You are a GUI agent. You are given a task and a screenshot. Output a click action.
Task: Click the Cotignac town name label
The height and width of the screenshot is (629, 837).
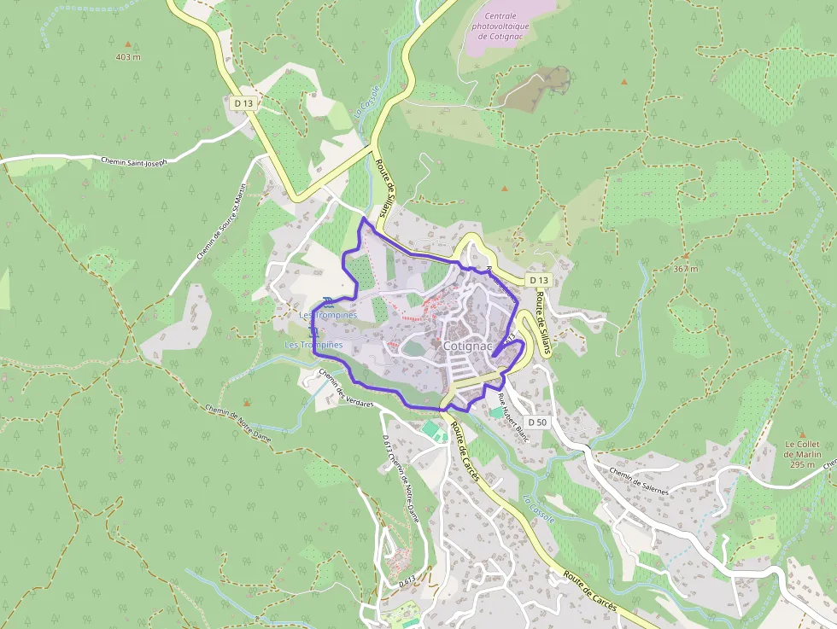pyautogui.click(x=468, y=347)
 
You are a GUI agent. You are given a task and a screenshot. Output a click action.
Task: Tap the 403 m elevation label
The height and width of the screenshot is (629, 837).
pyautogui.click(x=128, y=57)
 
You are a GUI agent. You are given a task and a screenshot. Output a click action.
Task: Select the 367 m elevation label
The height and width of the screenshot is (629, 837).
pyautogui.click(x=685, y=269)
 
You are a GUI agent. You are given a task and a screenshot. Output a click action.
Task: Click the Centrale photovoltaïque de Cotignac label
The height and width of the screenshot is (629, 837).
pyautogui.click(x=506, y=26)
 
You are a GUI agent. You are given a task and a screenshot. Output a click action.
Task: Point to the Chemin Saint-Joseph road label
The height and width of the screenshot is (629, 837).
pyautogui.click(x=134, y=160)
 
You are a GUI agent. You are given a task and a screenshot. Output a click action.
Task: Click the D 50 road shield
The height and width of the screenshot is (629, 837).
pyautogui.click(x=536, y=422)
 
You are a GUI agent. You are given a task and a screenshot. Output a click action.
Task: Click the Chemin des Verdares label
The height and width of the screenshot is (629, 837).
pyautogui.click(x=345, y=388)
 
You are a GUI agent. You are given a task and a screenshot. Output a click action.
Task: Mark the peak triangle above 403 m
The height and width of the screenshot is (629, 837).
pyautogui.click(x=129, y=44)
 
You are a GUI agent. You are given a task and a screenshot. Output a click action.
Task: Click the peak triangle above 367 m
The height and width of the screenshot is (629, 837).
pyautogui.click(x=685, y=255)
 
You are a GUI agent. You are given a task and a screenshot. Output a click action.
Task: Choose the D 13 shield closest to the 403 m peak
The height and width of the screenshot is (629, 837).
pyautogui.click(x=243, y=103)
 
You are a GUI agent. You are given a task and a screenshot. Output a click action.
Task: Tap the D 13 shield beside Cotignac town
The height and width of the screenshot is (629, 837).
pyautogui.click(x=537, y=280)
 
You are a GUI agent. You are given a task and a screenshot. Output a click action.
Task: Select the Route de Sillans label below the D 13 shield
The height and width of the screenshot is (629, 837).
pyautogui.click(x=541, y=317)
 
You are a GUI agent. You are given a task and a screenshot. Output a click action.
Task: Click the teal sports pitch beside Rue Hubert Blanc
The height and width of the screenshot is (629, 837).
pyautogui.click(x=496, y=412)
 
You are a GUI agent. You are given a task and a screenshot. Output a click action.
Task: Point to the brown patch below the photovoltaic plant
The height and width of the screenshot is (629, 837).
pyautogui.click(x=535, y=87)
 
